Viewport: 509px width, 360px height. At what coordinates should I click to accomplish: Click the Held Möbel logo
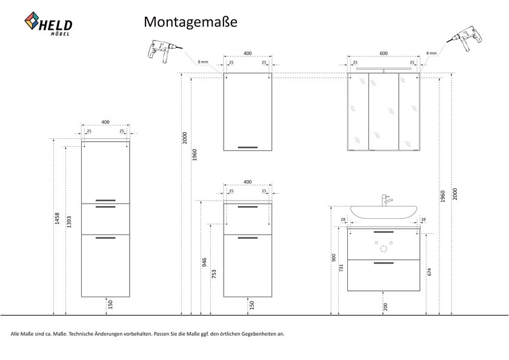tap(48, 24)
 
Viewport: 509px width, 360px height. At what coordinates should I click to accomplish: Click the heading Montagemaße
tap(190, 22)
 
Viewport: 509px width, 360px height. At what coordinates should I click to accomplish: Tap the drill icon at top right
tap(465, 38)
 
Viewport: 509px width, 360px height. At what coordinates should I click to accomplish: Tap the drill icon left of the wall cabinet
tap(165, 51)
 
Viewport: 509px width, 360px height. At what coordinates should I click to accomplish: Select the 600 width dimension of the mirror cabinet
tap(384, 53)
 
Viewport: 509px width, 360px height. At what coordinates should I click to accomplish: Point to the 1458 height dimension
tap(57, 218)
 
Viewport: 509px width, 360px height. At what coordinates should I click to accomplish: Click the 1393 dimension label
tap(69, 222)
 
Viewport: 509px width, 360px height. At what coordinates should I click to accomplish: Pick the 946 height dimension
tap(204, 262)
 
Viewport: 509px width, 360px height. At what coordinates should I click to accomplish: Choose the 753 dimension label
tap(214, 274)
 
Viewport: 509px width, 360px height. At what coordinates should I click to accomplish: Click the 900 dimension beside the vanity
tap(334, 258)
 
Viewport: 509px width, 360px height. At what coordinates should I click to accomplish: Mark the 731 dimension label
tap(341, 268)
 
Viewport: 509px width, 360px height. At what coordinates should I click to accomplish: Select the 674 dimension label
tap(430, 272)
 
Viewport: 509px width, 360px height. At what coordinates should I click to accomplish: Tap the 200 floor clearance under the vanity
tap(385, 307)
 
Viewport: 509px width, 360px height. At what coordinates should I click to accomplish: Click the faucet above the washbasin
tap(385, 200)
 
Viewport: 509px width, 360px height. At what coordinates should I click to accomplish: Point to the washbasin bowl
tap(384, 212)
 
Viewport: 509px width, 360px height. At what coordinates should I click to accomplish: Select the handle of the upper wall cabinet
tap(248, 147)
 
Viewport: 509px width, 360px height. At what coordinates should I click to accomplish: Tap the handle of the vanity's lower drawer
tap(384, 263)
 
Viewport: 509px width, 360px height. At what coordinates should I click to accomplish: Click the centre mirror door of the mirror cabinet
tap(384, 112)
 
